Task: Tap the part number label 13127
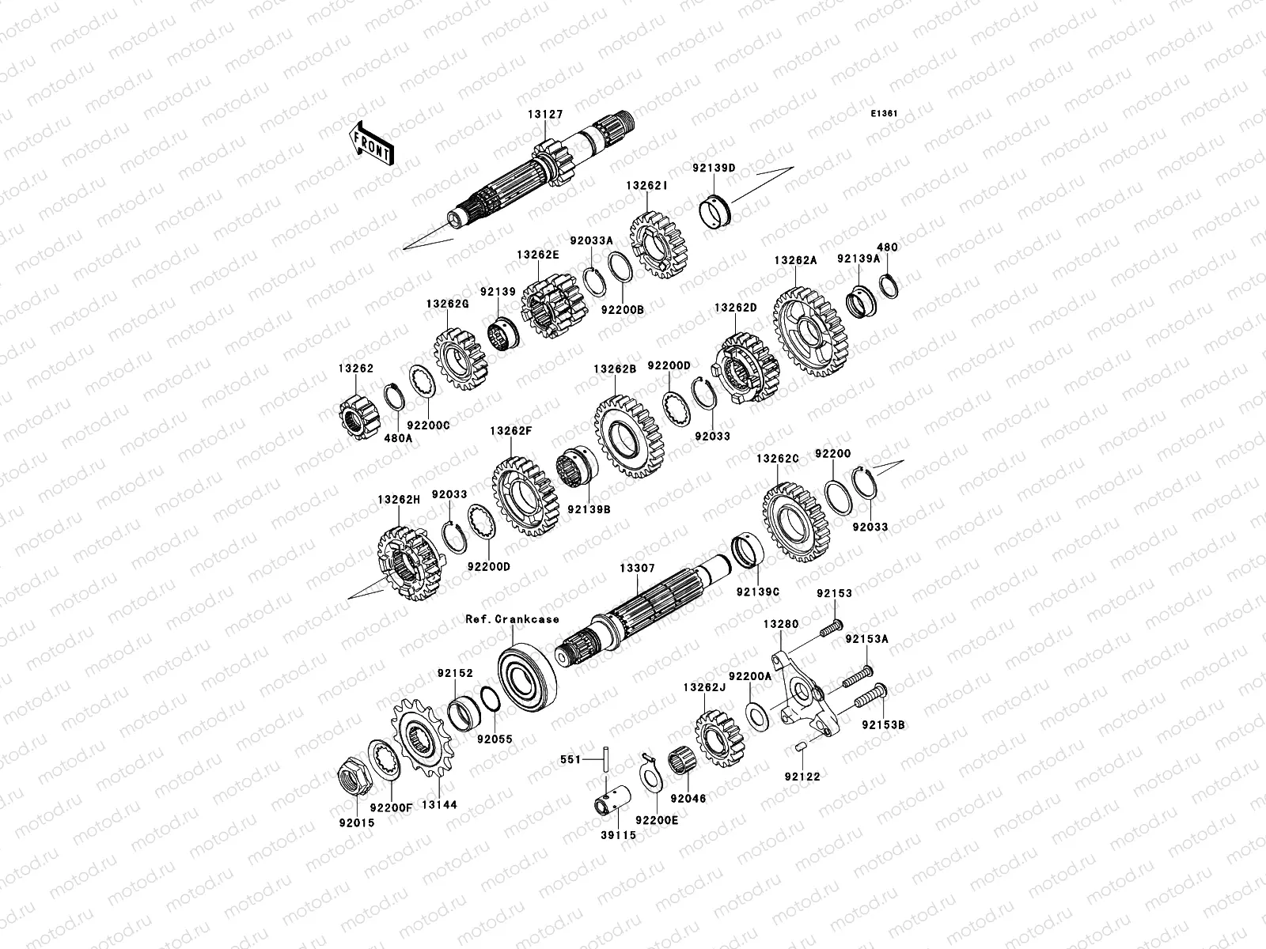pyautogui.click(x=546, y=115)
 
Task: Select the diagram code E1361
pyautogui.click(x=885, y=114)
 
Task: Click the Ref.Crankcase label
pyautogui.click(x=512, y=619)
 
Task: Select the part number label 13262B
pyautogui.click(x=616, y=369)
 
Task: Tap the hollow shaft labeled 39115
pyautogui.click(x=612, y=797)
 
